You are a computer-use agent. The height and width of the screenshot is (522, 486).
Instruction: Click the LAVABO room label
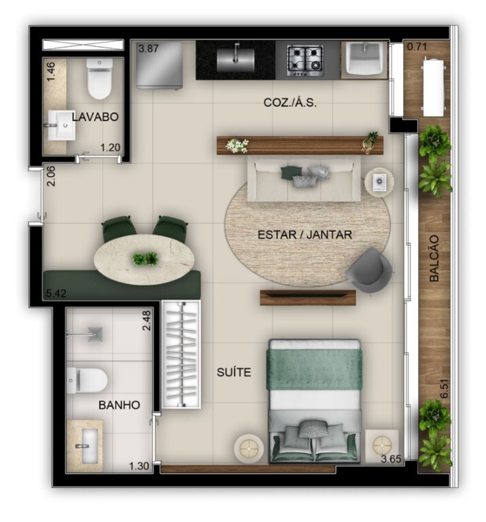[95, 117]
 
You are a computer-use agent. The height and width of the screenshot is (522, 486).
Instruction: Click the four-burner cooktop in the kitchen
[306, 60]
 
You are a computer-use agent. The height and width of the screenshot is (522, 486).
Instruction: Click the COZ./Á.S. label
[290, 103]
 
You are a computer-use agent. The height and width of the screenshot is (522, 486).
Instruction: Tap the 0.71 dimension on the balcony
[416, 47]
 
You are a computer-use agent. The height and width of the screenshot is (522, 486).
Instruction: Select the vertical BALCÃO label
[434, 258]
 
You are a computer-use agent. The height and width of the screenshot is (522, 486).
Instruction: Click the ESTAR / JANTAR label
[305, 235]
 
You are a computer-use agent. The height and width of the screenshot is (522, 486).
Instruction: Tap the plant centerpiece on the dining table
[145, 258]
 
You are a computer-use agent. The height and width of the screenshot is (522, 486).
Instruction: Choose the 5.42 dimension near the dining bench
[56, 294]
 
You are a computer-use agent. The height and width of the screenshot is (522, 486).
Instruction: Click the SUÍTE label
[234, 372]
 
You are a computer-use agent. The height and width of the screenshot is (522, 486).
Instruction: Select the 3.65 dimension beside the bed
[392, 459]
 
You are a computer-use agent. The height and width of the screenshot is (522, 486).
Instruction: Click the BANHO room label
[119, 405]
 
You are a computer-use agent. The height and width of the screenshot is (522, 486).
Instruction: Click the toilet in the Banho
[88, 379]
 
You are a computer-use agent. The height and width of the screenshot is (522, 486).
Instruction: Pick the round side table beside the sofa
[378, 181]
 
